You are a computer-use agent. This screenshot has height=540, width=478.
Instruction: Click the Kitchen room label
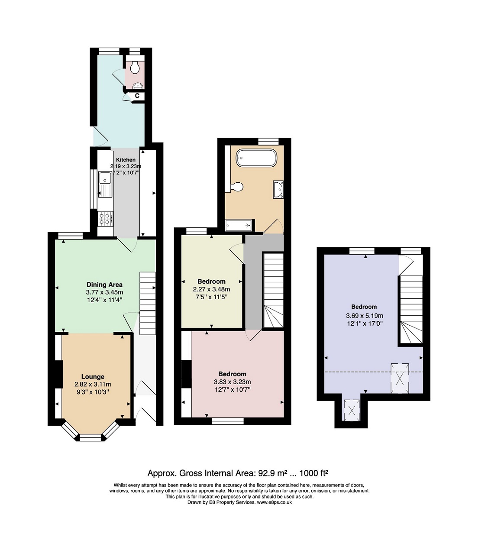(x=126, y=160)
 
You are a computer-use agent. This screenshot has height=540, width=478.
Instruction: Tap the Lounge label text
(x=93, y=377)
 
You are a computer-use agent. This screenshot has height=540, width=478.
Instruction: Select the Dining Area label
(x=104, y=285)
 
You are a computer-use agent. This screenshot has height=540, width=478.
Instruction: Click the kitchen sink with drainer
(x=106, y=184)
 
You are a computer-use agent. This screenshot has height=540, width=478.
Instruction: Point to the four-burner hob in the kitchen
(x=106, y=219)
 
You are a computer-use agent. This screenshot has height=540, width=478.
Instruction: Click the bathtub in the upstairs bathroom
(x=256, y=158)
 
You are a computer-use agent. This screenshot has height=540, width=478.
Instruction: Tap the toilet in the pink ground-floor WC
(x=136, y=67)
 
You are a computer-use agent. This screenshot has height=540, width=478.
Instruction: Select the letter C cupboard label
(x=137, y=96)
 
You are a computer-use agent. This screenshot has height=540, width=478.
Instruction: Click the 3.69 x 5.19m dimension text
(x=365, y=316)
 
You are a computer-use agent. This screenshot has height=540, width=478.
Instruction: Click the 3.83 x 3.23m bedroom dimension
(x=233, y=382)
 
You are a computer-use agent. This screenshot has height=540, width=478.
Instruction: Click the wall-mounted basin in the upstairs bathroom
(x=278, y=190)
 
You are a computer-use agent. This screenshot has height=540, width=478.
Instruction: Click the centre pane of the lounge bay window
(x=91, y=438)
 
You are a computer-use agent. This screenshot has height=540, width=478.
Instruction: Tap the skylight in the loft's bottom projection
(x=352, y=411)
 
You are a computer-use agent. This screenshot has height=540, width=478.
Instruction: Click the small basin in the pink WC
(x=138, y=86)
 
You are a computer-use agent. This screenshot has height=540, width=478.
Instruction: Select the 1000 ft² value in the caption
(x=314, y=473)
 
